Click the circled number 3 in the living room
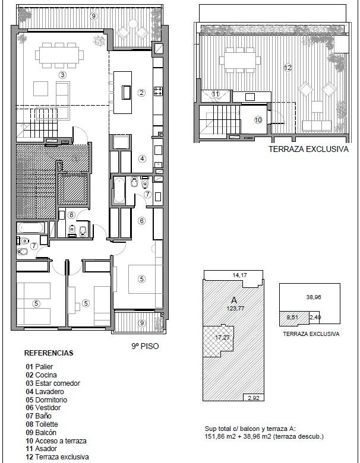(62, 75)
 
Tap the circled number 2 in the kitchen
(141, 93)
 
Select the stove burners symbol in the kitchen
(159, 91)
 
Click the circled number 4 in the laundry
(142, 159)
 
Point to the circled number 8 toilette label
(71, 215)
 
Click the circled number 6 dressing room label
(141, 221)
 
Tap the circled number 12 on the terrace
(288, 68)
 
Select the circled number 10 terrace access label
(258, 120)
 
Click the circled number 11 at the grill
(216, 94)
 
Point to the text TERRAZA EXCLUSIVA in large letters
(308, 149)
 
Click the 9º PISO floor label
(145, 346)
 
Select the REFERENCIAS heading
(49, 353)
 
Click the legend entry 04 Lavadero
(45, 392)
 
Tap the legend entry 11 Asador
(42, 449)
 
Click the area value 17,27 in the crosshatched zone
(223, 337)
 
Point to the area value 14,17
(240, 275)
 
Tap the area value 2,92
(254, 398)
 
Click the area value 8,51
(292, 318)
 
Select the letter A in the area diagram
(234, 300)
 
